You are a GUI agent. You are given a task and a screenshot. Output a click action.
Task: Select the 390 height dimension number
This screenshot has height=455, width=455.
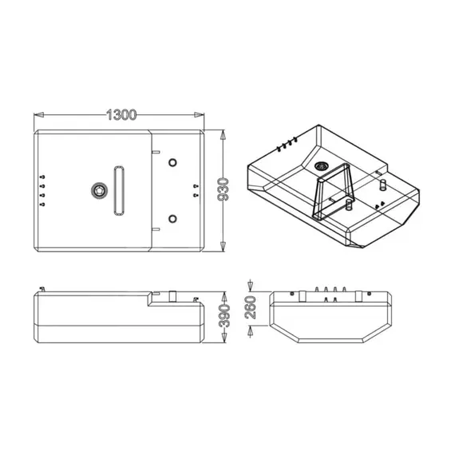tap(225, 317)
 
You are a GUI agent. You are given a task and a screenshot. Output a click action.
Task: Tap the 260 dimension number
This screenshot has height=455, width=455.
tap(252, 307)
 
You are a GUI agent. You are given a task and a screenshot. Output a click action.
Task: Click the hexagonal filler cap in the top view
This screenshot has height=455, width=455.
tap(99, 189)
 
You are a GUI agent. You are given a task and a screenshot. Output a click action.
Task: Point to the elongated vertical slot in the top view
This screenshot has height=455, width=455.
tap(119, 189)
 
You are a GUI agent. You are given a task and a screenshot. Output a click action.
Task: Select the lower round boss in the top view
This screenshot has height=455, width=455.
tap(172, 219)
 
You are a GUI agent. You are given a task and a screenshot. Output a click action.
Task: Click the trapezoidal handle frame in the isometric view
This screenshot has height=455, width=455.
tap(334, 193)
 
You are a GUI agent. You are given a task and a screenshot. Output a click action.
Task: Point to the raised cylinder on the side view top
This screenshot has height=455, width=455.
tap(171, 295)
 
